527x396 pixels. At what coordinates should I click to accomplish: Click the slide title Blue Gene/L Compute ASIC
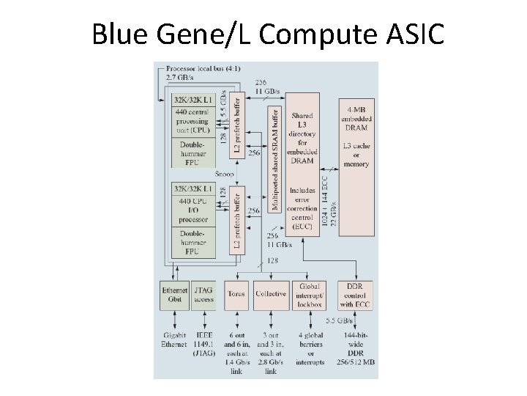coord(267,34)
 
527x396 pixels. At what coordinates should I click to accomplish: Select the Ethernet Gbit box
coord(174,294)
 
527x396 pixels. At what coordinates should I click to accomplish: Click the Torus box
coord(236,294)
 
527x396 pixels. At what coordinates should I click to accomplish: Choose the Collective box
coord(271,294)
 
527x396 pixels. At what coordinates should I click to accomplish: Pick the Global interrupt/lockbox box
coord(310,294)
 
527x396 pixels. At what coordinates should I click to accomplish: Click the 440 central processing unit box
coord(194,122)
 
